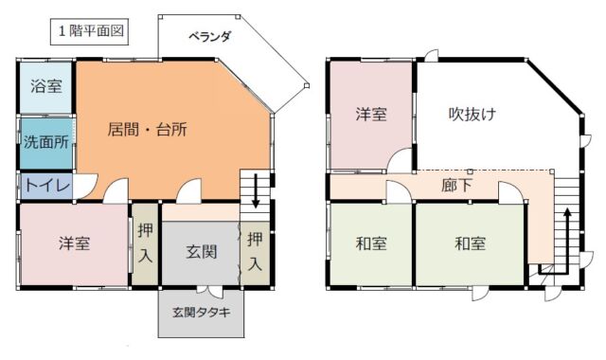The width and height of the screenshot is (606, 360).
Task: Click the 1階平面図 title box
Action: pyautogui.click(x=89, y=31)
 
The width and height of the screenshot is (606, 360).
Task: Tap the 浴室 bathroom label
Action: pyautogui.click(x=46, y=86)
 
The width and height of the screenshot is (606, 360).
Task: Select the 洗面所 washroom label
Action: pyautogui.click(x=46, y=142)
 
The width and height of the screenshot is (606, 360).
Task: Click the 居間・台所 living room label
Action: pyautogui.click(x=148, y=130)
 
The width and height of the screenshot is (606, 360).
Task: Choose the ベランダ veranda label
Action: pyautogui.click(x=209, y=37)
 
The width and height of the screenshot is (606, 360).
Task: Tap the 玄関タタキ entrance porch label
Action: pyautogui.click(x=201, y=312)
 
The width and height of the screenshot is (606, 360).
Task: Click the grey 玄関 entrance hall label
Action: pyautogui.click(x=202, y=252)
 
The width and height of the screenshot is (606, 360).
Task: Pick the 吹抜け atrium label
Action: pyautogui.click(x=472, y=114)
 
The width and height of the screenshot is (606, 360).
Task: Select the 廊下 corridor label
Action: pyautogui.click(x=456, y=186)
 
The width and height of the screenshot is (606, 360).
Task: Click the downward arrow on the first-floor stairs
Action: pyautogui.click(x=255, y=190)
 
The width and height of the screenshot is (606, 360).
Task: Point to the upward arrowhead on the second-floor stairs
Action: pyautogui.click(x=567, y=214)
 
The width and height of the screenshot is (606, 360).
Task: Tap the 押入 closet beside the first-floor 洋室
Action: pyautogui.click(x=145, y=243)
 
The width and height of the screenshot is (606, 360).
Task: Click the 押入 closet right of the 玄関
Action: pyautogui.click(x=255, y=252)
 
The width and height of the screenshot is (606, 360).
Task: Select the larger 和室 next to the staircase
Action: pyautogui.click(x=470, y=244)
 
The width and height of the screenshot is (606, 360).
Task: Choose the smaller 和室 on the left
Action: pyautogui.click(x=371, y=244)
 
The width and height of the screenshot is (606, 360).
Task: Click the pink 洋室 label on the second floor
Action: pyautogui.click(x=371, y=115)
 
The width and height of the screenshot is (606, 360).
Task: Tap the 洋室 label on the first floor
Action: pyautogui.click(x=74, y=243)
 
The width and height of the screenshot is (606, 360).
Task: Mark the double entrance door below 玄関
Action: pyautogui.click(x=210, y=291)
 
